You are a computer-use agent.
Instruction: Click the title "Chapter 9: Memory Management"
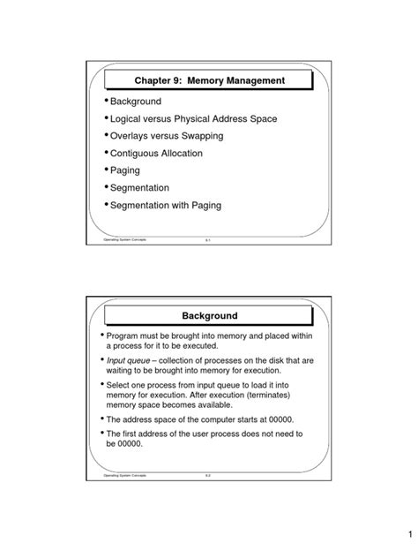209,81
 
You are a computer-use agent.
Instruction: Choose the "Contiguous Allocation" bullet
156,154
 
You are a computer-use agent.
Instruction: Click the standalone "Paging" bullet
125,170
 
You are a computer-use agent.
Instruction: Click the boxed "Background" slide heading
209,315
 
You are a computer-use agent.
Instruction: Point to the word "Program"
127,337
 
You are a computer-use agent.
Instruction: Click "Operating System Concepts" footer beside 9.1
128,239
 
